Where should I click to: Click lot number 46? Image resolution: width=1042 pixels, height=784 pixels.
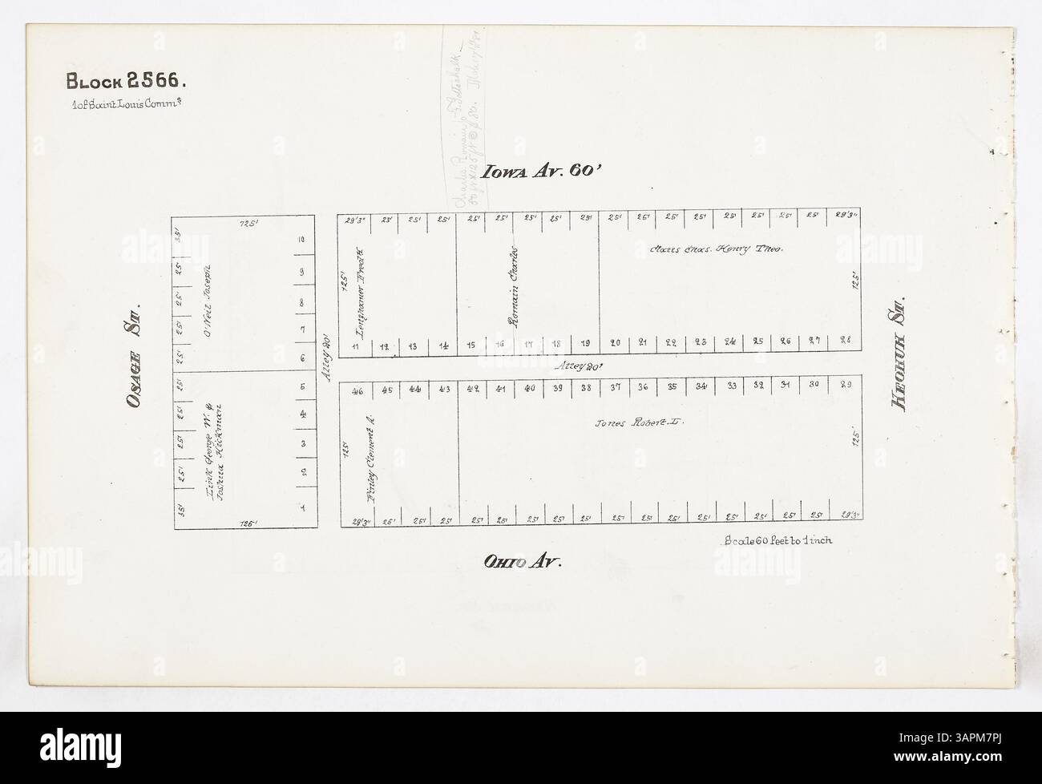point(357,392)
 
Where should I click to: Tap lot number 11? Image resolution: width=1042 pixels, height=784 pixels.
point(355,346)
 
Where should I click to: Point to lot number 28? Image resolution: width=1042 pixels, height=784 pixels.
point(843,341)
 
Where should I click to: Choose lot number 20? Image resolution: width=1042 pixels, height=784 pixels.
point(616,342)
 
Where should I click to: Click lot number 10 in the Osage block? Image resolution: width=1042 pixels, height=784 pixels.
point(301,240)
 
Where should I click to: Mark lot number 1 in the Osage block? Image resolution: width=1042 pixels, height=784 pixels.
point(302,507)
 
